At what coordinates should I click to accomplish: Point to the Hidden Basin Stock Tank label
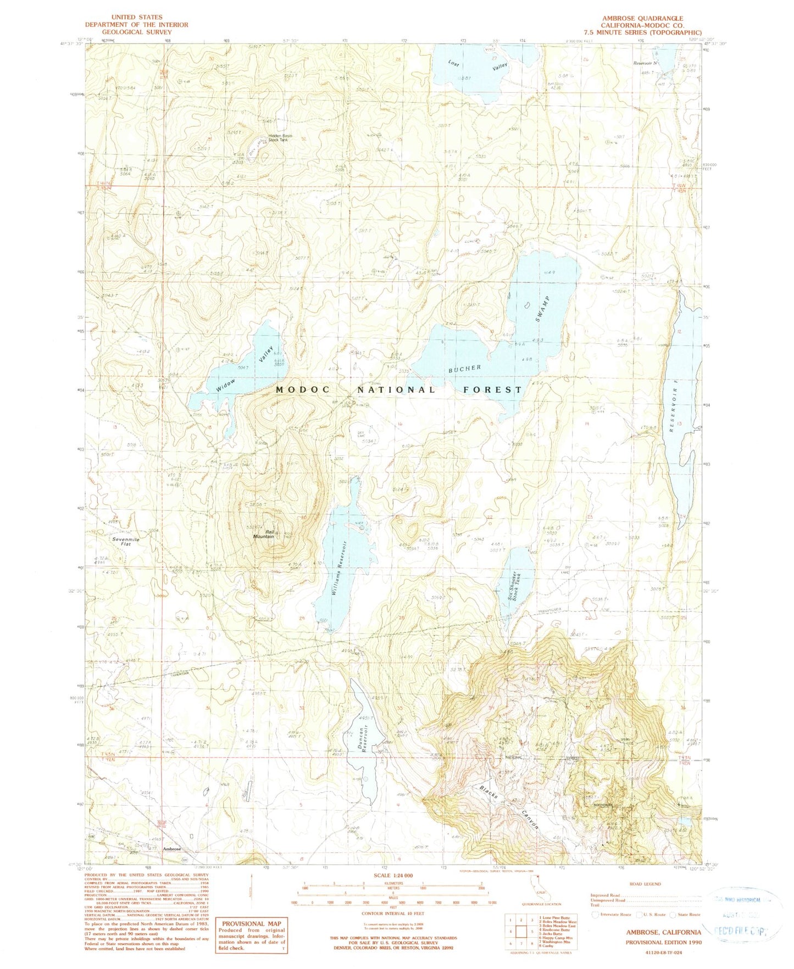tap(280, 138)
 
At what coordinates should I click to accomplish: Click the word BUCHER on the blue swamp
tap(464, 367)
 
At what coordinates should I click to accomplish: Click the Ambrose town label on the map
tap(172, 849)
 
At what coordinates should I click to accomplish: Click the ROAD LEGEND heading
tap(645, 884)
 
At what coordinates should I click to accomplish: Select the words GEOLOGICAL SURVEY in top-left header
tap(136, 32)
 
